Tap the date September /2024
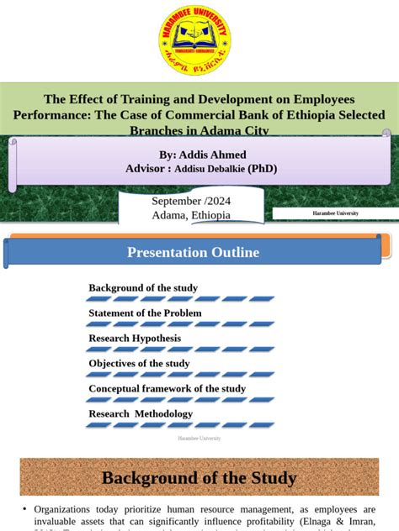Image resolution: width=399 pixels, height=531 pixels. [x=190, y=201]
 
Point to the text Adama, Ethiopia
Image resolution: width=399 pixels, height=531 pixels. [x=190, y=215]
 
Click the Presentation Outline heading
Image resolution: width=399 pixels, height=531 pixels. [x=193, y=252]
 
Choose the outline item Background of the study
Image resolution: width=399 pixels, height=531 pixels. [x=143, y=287]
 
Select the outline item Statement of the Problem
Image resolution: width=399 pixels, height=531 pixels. [x=145, y=313]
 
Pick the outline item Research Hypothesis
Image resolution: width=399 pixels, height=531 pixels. [x=135, y=339]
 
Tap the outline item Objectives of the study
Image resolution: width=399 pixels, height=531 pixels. [x=139, y=363]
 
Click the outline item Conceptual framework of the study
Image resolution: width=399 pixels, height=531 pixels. [x=167, y=388]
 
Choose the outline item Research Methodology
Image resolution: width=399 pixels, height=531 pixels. [x=141, y=413]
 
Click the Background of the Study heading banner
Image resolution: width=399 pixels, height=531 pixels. [x=199, y=478]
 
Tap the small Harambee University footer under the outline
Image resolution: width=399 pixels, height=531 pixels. [x=199, y=438]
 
